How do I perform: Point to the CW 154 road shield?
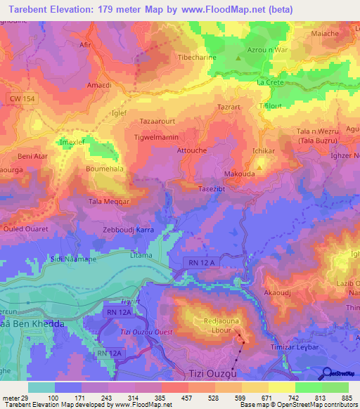(23, 100)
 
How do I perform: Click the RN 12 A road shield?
(202, 263)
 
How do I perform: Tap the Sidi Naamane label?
(73, 259)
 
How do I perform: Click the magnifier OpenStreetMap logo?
(328, 373)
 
